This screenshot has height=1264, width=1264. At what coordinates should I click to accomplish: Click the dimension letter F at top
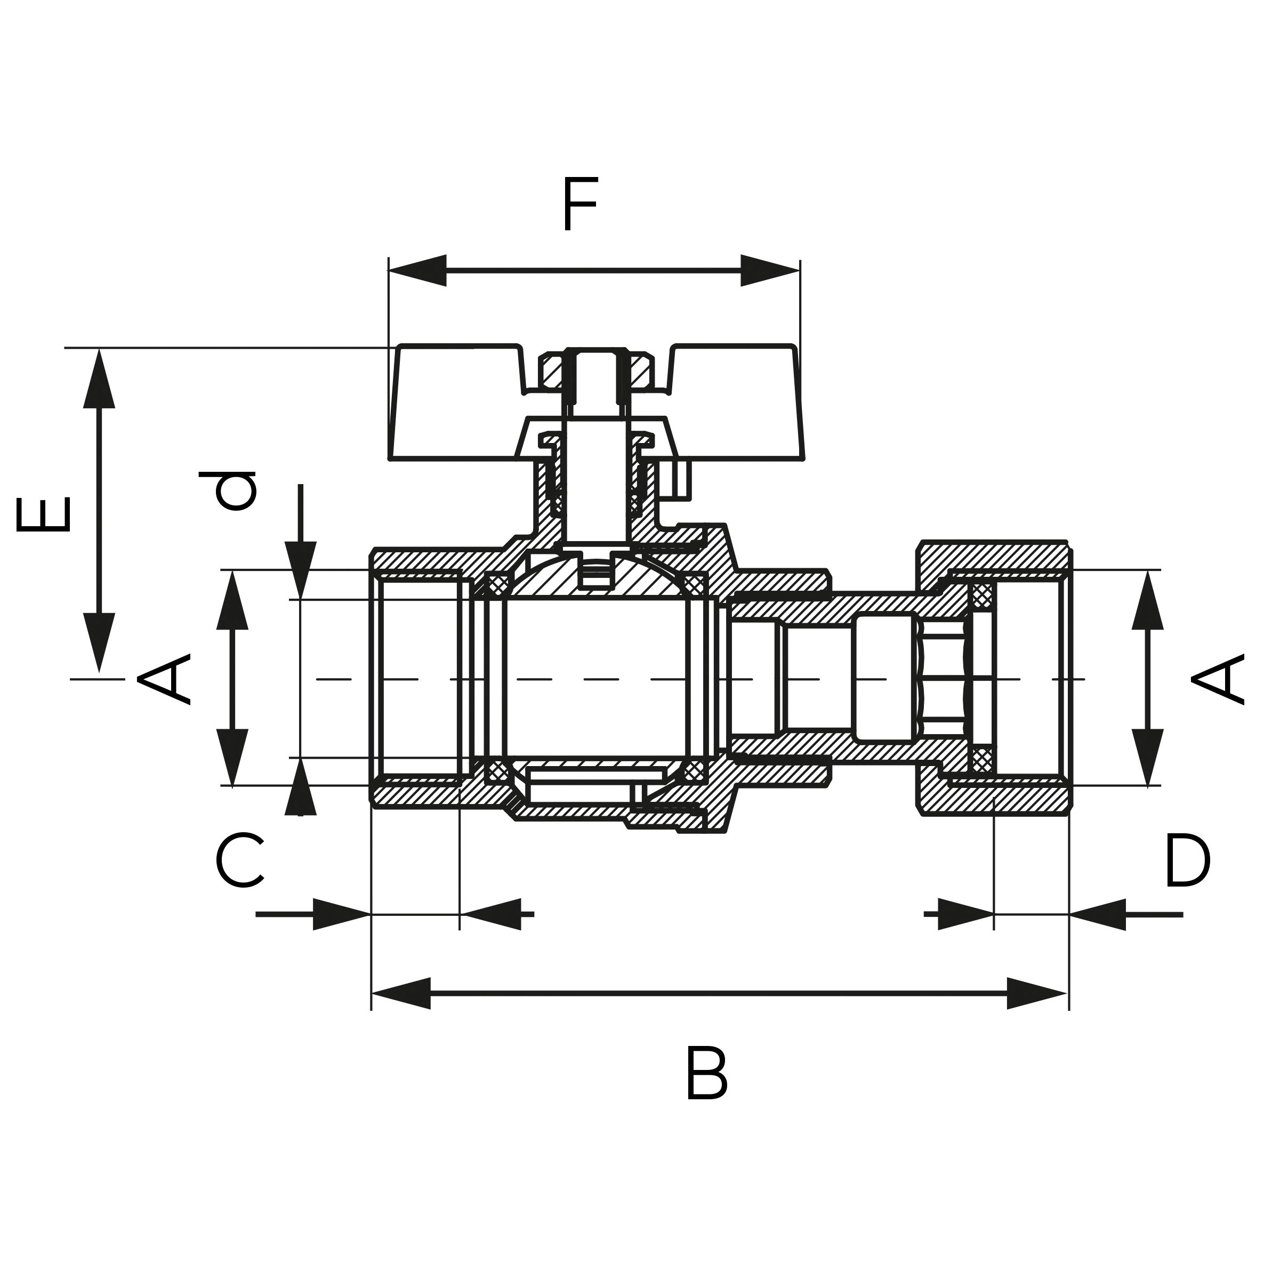tap(579, 204)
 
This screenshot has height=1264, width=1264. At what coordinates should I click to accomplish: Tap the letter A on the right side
tap(1218, 680)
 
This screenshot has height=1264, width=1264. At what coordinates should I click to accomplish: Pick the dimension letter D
tap(1187, 860)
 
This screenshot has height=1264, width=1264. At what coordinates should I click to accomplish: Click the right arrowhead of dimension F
tap(769, 270)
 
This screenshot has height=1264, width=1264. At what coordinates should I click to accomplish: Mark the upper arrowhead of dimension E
tap(100, 380)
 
